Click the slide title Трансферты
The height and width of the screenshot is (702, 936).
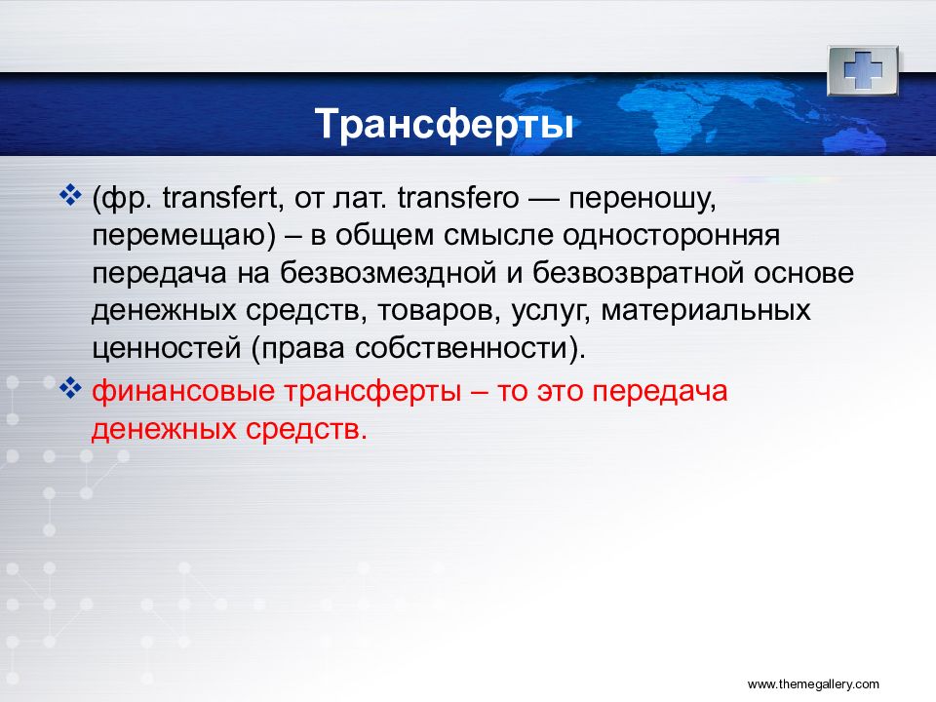(x=445, y=125)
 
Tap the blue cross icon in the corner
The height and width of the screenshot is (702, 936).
(x=863, y=71)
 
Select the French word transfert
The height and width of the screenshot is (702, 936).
(x=219, y=198)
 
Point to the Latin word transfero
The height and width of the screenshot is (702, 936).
(x=458, y=198)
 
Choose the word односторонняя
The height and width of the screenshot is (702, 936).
(x=671, y=236)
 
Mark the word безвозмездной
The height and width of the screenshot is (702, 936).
(x=388, y=273)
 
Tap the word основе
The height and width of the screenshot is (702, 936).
(x=803, y=274)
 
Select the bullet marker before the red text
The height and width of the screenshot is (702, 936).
(x=70, y=390)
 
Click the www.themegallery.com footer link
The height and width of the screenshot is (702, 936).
(x=813, y=684)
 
